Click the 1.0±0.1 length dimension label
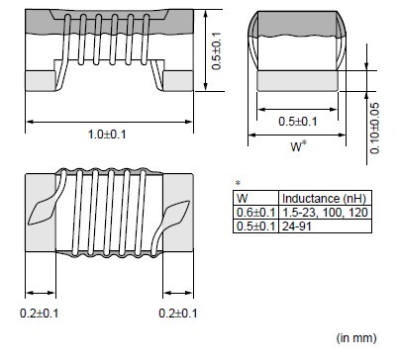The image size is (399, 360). coord(107,135)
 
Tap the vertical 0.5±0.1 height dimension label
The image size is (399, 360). coord(217,51)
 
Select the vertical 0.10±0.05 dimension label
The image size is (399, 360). coord(374,129)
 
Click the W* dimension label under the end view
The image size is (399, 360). coord(298,146)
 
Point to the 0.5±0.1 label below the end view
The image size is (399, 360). coord(298,122)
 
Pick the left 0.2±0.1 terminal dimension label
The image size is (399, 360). coord(40,314)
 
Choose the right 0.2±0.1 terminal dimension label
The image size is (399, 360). coord(178,314)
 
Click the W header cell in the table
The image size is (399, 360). coord(255,199)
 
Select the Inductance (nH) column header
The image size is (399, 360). coord(325,199)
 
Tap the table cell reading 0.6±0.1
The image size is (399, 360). coord(255,213)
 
